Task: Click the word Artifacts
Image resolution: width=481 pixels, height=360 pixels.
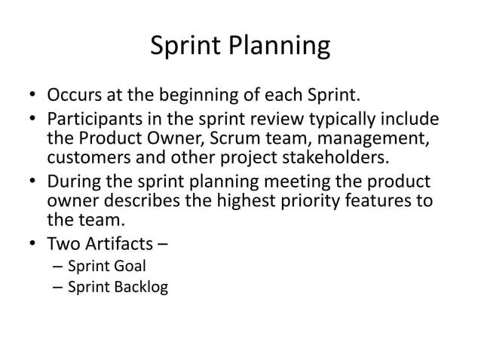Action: pyautogui.click(x=124, y=243)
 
